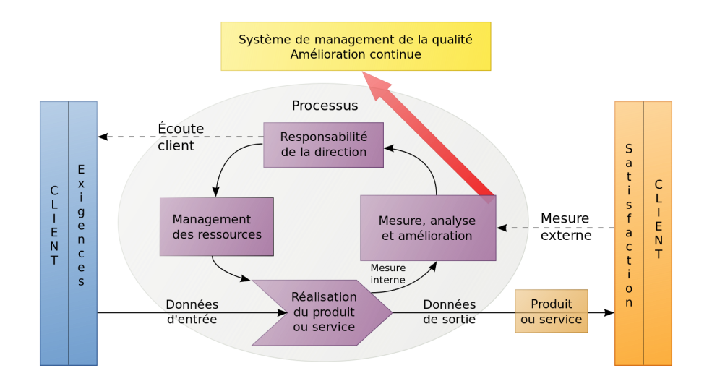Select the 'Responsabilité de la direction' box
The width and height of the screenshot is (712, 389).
(323, 145)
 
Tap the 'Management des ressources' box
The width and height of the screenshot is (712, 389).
(216, 227)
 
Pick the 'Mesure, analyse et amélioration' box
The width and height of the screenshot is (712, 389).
(426, 228)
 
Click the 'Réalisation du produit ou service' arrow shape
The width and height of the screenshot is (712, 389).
(323, 312)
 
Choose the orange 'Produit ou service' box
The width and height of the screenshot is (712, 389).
(551, 312)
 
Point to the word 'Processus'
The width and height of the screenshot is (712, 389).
(325, 106)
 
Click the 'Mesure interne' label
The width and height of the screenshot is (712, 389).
(388, 274)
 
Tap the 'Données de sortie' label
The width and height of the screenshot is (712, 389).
(449, 312)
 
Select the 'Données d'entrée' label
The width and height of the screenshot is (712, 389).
(192, 312)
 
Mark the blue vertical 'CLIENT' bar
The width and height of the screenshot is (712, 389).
(54, 233)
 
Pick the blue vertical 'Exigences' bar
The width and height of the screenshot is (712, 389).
(82, 233)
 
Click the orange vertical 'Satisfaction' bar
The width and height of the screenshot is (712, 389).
(629, 233)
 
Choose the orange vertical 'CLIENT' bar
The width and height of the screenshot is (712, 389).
(658, 233)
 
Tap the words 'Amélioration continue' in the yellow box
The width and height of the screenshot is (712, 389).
(356, 54)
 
